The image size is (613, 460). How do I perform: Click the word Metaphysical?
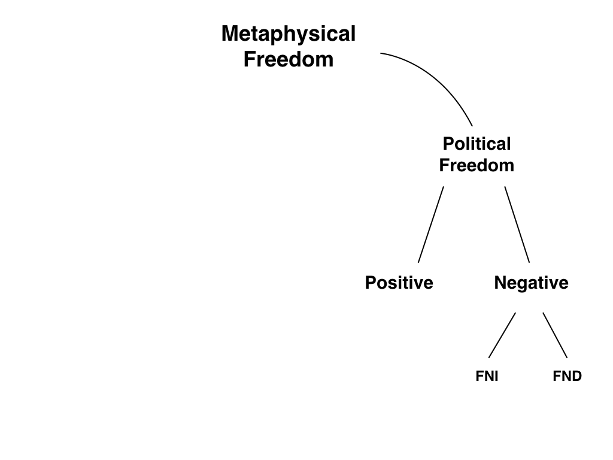coord(289,35)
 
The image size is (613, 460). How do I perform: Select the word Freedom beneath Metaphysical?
coord(289,60)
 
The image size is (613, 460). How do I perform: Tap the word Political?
coord(477,144)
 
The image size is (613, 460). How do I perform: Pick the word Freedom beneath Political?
coord(477,165)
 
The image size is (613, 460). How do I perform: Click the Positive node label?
coord(399,283)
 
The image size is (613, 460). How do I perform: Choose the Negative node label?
coord(531,283)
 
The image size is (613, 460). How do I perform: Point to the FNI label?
coord(487,377)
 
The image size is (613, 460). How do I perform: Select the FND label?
coord(567,377)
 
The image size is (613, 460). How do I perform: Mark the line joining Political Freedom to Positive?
coord(431,225)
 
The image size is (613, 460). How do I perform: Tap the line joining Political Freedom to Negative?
coord(517,225)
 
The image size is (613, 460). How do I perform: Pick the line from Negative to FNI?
coord(502,335)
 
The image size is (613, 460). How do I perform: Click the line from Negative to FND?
coord(555,335)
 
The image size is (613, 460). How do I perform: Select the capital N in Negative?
coord(500,283)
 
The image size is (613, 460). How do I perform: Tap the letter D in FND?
coord(576,377)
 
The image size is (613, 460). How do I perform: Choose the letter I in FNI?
coord(496,377)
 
